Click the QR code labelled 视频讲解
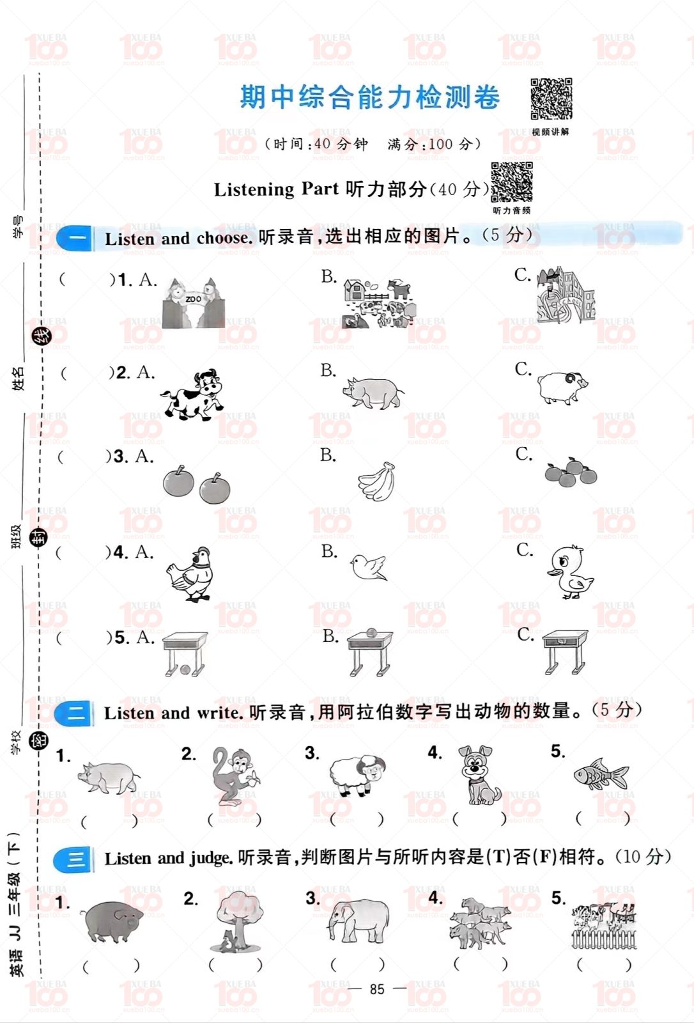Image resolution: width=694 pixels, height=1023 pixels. [x=551, y=99]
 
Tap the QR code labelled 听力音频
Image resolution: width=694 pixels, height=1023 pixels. [x=511, y=182]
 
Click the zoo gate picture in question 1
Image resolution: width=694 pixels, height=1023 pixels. [x=193, y=303]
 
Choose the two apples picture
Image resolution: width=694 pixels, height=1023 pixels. [x=196, y=485]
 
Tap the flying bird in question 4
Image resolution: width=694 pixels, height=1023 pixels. [x=369, y=567]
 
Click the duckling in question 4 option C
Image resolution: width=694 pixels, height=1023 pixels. [x=569, y=572]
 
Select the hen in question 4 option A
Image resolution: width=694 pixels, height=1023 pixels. [x=191, y=574]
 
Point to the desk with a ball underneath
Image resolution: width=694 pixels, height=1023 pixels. [x=185, y=654]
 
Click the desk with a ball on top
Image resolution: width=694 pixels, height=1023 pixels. [x=370, y=652]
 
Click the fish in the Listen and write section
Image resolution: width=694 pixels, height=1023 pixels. [x=601, y=776]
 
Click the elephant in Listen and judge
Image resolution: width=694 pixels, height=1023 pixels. [x=359, y=921]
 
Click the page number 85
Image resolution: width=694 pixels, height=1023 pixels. [x=377, y=989]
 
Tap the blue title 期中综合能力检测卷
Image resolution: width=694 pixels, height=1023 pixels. [x=369, y=98]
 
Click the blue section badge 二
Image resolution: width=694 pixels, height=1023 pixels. [x=75, y=713]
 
